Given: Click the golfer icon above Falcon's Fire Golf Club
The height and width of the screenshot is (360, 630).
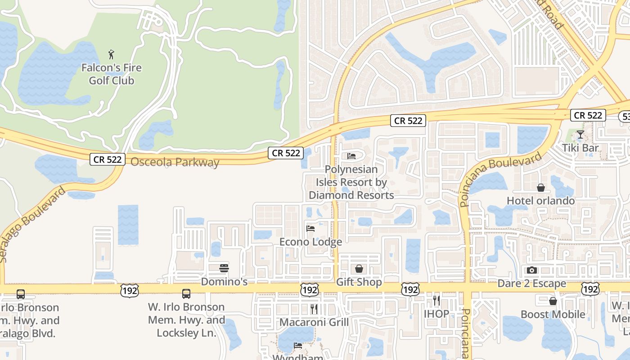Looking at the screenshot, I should pyautogui.click(x=111, y=55).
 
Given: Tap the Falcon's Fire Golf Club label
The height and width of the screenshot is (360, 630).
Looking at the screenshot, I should pyautogui.click(x=111, y=74).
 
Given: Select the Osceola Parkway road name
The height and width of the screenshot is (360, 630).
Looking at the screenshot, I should pyautogui.click(x=175, y=162).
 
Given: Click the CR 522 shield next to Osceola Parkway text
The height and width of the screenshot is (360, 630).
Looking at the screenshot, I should pyautogui.click(x=107, y=159).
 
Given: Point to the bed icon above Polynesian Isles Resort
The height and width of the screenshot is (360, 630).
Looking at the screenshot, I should pyautogui.click(x=351, y=156).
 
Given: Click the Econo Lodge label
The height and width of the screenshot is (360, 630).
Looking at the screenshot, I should pyautogui.click(x=310, y=242).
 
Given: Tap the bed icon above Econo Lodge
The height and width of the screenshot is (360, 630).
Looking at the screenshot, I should pyautogui.click(x=310, y=228).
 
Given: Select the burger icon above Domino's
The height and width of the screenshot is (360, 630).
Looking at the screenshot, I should pyautogui.click(x=224, y=268).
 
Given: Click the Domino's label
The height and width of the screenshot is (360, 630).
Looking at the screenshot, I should pyautogui.click(x=224, y=282).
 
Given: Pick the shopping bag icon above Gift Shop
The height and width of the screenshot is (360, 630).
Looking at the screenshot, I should pyautogui.click(x=359, y=269).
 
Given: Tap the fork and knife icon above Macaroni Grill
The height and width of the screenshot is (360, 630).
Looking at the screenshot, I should pyautogui.click(x=314, y=309).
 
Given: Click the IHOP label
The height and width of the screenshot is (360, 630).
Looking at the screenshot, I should pyautogui.click(x=436, y=314).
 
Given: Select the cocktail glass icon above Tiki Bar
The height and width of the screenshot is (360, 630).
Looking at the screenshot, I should pyautogui.click(x=580, y=134).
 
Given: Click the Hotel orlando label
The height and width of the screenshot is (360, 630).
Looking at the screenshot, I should pyautogui.click(x=540, y=201).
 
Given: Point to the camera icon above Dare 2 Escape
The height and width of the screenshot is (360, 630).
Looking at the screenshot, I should pyautogui.click(x=531, y=270).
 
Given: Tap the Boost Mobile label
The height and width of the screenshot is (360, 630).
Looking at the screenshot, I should pyautogui.click(x=553, y=314).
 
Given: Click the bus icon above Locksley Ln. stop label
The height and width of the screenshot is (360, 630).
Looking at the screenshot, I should pyautogui.click(x=186, y=294).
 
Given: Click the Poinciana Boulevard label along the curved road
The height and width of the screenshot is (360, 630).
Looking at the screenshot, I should pyautogui.click(x=501, y=179).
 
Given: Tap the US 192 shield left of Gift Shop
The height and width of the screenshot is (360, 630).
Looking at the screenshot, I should pyautogui.click(x=310, y=289).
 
